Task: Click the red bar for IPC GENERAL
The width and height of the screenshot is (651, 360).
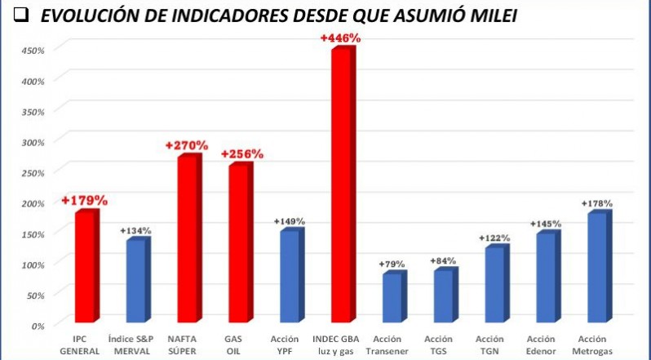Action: pyautogui.click(x=85, y=266)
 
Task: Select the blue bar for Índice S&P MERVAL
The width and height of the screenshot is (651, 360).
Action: pyautogui.click(x=135, y=280)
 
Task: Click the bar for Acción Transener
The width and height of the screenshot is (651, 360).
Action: pyautogui.click(x=392, y=297)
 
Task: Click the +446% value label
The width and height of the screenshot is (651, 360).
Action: pyautogui.click(x=340, y=38)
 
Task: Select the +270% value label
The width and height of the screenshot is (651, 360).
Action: pyautogui.click(x=186, y=145)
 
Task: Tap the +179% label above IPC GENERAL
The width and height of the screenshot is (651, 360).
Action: pyautogui.click(x=84, y=200)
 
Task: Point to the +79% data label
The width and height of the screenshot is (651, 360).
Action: pyautogui.click(x=392, y=264)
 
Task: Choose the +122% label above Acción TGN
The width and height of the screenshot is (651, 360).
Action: pyautogui.click(x=494, y=238)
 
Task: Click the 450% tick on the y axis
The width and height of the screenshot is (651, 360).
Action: pyautogui.click(x=33, y=50)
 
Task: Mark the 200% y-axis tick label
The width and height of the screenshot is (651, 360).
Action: pyautogui.click(x=33, y=203)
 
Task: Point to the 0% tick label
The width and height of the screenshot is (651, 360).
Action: pyautogui.click(x=38, y=325)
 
